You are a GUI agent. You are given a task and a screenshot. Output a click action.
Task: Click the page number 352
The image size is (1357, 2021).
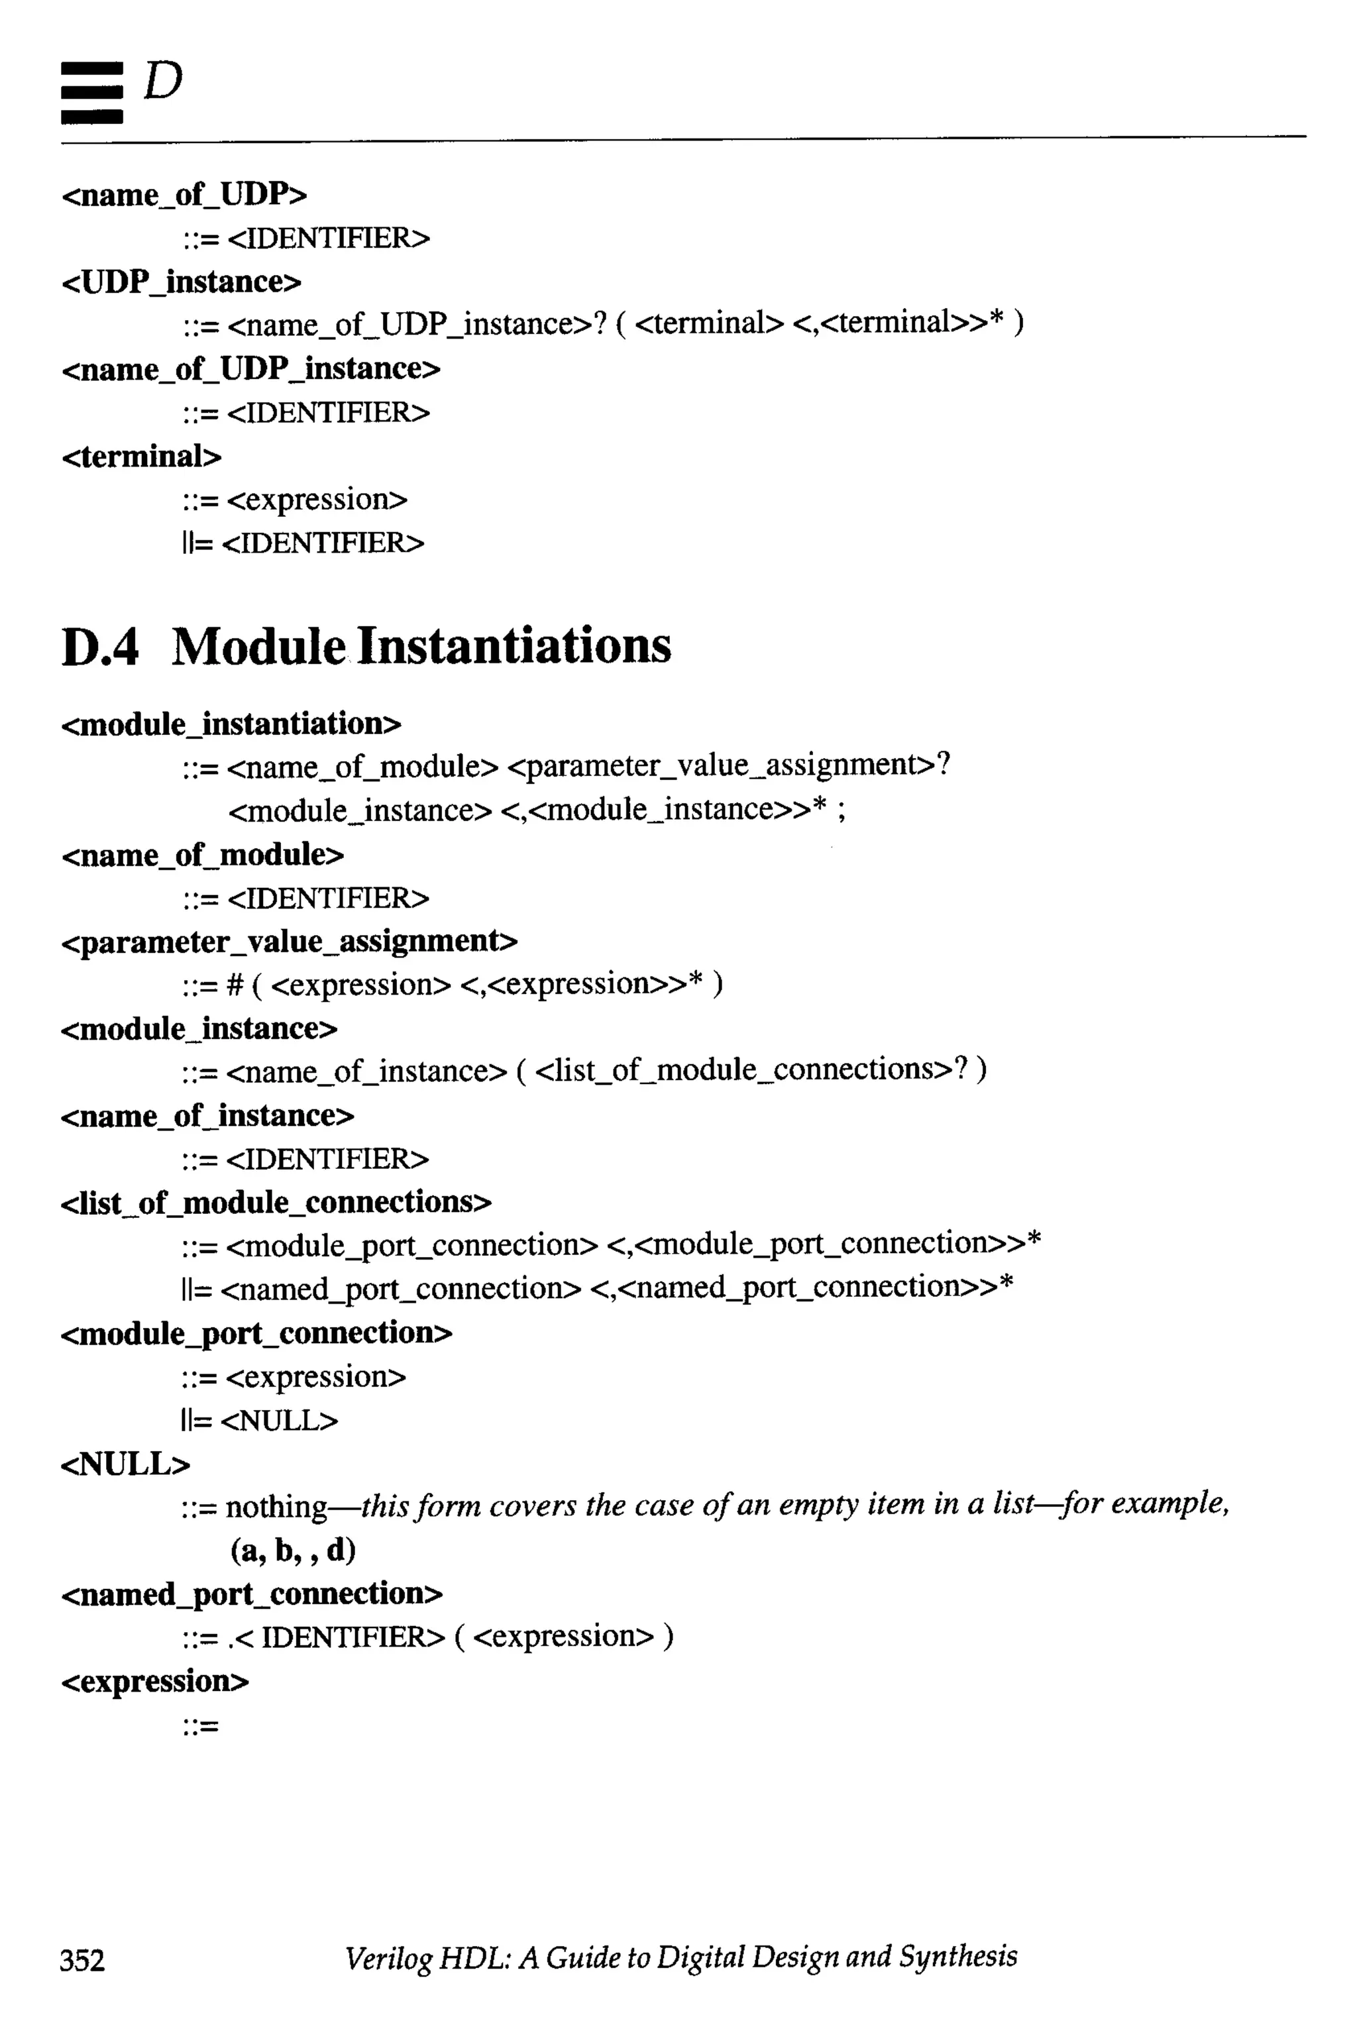tap(82, 1959)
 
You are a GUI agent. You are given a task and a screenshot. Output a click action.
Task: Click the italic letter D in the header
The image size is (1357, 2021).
tap(163, 82)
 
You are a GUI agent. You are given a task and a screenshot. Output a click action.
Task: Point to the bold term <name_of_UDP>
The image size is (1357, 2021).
tap(184, 195)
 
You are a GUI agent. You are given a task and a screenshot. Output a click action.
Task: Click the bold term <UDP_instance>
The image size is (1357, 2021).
tap(182, 282)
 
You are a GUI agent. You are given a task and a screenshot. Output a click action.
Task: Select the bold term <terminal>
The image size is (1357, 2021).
tap(142, 456)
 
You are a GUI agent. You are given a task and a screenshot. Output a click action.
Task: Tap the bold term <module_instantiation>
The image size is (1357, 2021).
tap(231, 724)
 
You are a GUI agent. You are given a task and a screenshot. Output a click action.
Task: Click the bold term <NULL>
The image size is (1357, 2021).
tap(125, 1464)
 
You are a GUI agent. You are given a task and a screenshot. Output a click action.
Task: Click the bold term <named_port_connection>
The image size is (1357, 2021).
tap(252, 1594)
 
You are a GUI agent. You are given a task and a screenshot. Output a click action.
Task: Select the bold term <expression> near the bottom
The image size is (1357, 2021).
tap(155, 1681)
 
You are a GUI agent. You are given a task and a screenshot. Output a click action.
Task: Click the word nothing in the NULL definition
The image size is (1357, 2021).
tap(277, 1507)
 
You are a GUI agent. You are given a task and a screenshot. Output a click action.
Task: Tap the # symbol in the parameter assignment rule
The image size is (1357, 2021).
tap(235, 985)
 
